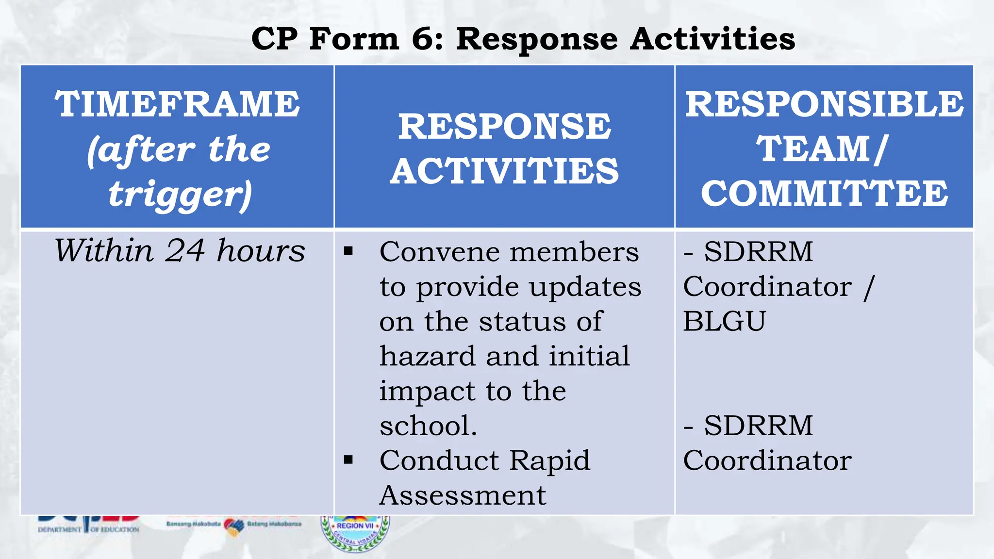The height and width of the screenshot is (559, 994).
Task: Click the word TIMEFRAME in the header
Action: (x=177, y=104)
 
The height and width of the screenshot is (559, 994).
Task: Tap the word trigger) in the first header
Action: (x=180, y=194)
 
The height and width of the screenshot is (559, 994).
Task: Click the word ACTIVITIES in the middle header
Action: (x=504, y=171)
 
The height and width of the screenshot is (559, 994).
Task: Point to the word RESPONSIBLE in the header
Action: (x=824, y=104)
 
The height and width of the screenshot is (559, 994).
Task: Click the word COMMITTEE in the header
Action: (x=824, y=193)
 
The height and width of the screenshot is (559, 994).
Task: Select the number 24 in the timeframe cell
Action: (x=184, y=251)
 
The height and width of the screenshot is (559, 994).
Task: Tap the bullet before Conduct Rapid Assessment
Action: (x=348, y=460)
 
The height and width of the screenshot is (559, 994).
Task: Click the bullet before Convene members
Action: (x=348, y=251)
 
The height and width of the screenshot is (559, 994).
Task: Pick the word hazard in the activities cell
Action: (x=427, y=356)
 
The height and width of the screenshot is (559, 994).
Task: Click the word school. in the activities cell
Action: (x=428, y=426)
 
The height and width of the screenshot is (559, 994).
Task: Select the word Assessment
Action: (x=463, y=495)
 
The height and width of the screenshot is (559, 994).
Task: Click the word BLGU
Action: (x=724, y=321)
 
